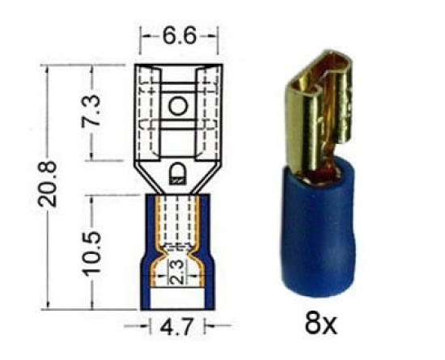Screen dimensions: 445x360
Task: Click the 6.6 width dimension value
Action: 180,36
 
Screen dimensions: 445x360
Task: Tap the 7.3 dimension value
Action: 91,110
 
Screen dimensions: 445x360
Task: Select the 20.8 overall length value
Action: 48,184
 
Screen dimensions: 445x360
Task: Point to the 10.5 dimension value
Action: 91,253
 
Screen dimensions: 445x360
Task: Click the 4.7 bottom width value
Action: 177,326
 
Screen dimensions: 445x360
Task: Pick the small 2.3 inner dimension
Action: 177,272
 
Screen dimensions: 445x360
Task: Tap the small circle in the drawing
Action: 178,106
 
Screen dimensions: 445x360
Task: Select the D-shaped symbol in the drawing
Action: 176,174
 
